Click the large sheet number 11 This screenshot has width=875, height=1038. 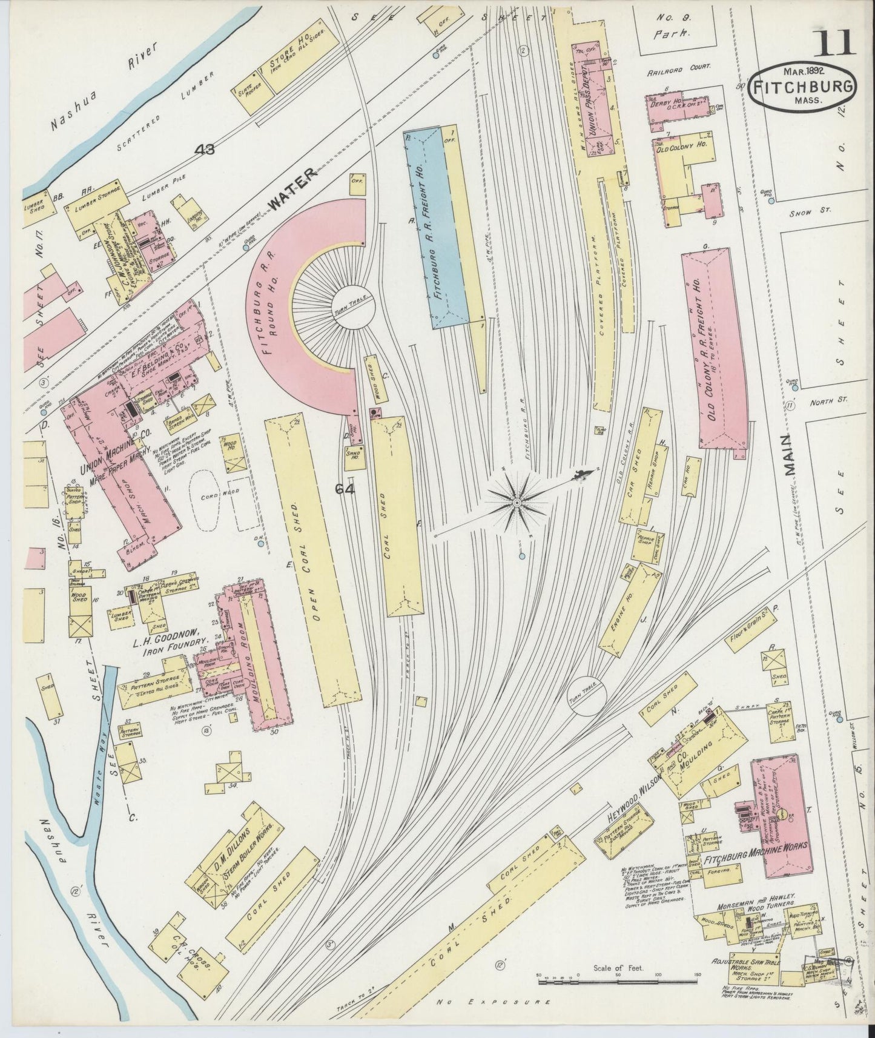point(834,44)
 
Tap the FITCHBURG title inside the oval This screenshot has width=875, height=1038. point(803,86)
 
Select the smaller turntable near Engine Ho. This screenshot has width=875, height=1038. point(587,695)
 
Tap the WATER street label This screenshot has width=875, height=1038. point(292,189)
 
